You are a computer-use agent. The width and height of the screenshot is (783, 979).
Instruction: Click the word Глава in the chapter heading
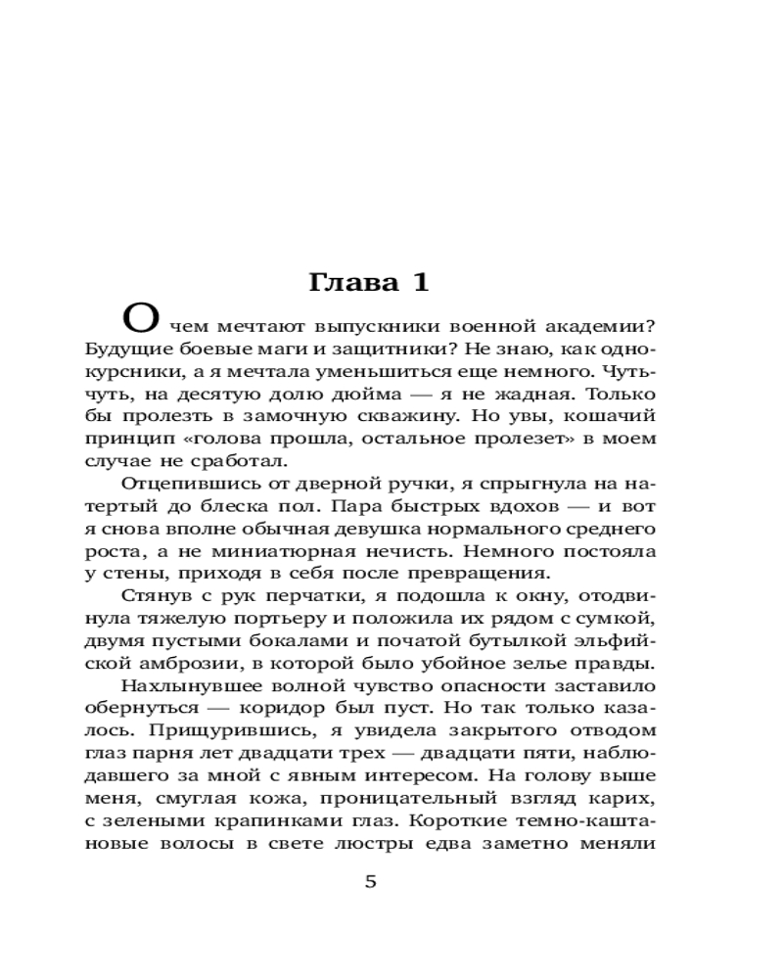(x=349, y=283)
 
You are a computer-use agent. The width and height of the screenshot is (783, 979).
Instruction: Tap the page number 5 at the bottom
(x=370, y=882)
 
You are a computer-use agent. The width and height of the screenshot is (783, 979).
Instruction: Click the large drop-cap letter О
(x=140, y=319)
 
